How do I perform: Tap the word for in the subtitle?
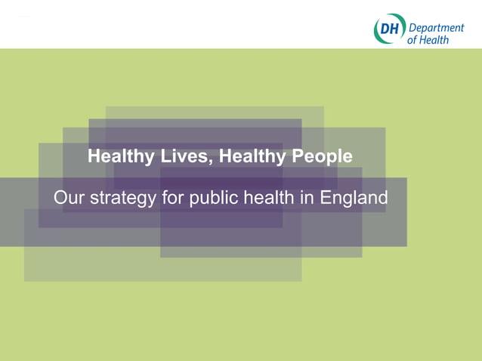(x=172, y=198)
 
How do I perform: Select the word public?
(x=212, y=199)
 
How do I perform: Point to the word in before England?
(x=307, y=198)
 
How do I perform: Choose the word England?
(x=354, y=199)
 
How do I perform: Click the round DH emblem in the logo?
(x=389, y=29)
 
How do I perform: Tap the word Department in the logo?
(x=436, y=28)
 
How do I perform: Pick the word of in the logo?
(x=412, y=40)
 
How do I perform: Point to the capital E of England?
(x=326, y=198)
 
